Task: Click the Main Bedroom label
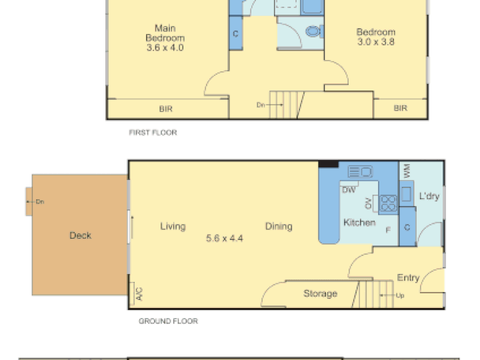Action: (165, 33)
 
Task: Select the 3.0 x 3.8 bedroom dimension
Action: (376, 42)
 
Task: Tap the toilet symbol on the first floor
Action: (315, 31)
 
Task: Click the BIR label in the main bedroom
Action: (166, 109)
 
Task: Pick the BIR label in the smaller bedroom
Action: (401, 108)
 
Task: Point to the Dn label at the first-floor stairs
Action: (261, 105)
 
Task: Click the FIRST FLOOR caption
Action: (153, 133)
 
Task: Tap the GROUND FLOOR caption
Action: (169, 321)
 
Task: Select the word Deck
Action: (80, 235)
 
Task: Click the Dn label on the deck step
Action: (40, 202)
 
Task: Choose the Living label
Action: (173, 227)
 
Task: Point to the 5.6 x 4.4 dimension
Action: (225, 238)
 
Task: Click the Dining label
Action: (279, 227)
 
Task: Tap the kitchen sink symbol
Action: (360, 171)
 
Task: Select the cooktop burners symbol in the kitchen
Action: (388, 203)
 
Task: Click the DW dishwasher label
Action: (349, 190)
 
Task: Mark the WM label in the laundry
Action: (407, 171)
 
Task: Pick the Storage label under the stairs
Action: (320, 293)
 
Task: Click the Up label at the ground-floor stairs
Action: (400, 295)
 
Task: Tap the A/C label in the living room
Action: (139, 294)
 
